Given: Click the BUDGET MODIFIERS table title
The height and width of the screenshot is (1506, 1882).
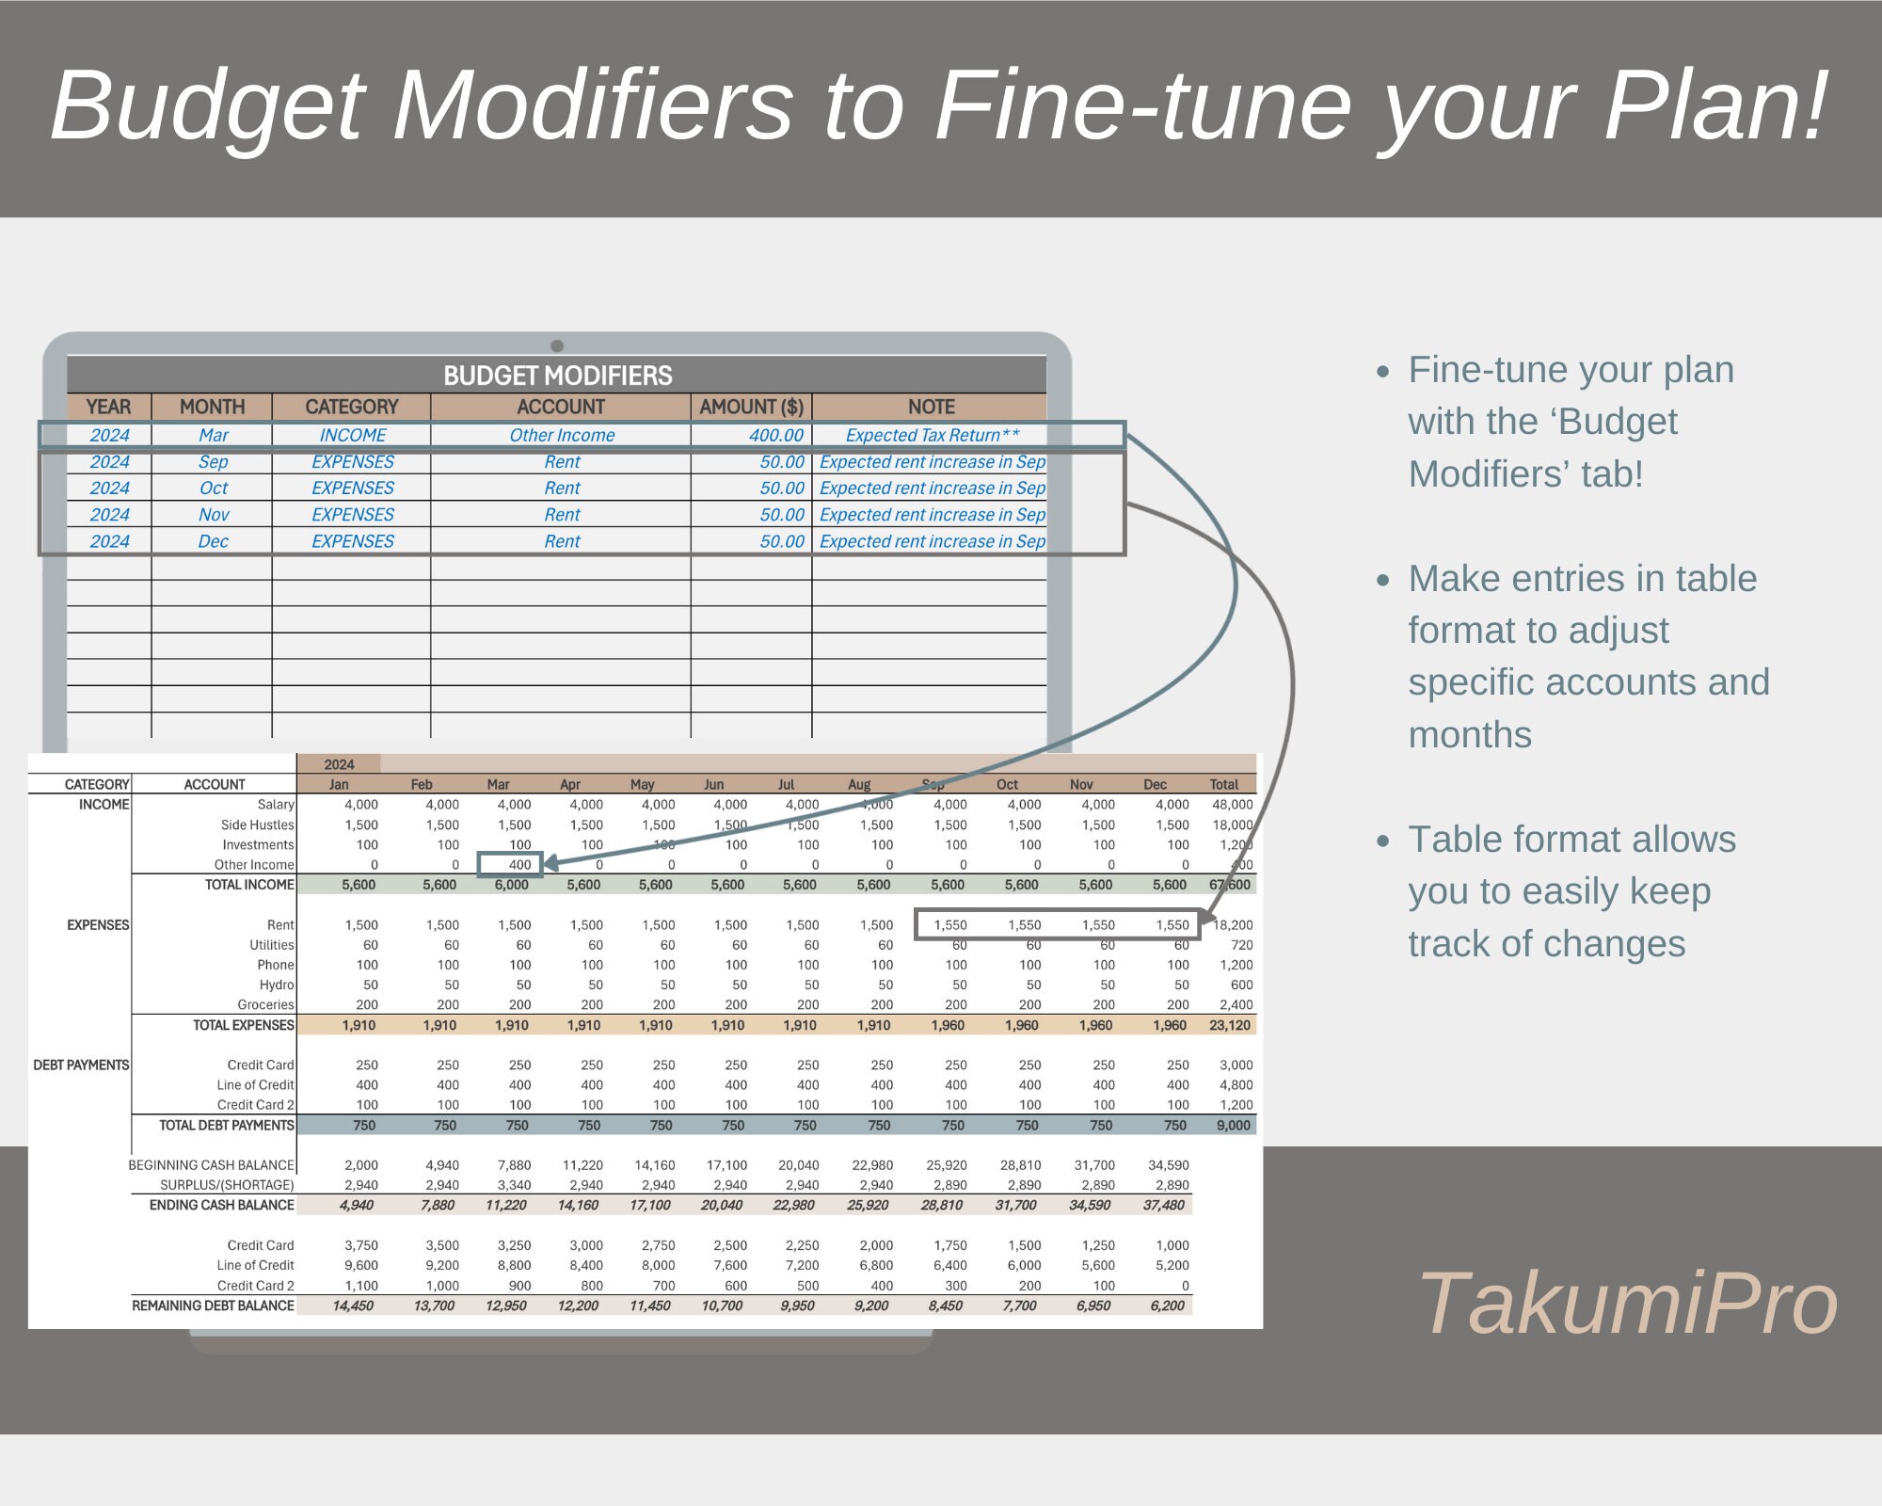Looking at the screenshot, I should pos(557,376).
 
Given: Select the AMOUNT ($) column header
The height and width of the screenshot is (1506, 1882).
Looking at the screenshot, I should pos(751,407).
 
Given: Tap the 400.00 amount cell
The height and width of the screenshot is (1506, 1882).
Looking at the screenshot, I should pos(775,435).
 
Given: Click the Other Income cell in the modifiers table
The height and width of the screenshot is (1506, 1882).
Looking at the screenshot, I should pos(562,435).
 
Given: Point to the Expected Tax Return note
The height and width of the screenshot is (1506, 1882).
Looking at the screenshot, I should pos(932,435).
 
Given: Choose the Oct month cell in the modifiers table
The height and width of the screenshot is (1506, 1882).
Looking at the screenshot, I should pos(214,488).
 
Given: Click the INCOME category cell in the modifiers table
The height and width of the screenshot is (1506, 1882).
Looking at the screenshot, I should pos(352,435).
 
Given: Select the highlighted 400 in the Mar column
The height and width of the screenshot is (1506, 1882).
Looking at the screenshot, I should pos(519,864).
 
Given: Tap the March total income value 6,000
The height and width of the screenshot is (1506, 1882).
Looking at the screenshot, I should pos(512,885).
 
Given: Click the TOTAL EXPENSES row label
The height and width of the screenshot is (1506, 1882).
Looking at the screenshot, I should pos(243,1025).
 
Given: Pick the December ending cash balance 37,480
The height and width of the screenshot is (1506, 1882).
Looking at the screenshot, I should pos(1164,1205).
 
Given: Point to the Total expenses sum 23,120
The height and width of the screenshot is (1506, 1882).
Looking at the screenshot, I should pos(1230,1025).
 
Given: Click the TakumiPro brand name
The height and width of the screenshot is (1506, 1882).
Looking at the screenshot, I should pos(1627,1304).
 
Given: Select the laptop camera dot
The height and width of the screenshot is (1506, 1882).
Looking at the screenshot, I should pos(557,345).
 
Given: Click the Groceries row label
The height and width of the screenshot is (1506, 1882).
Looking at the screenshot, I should pos(265,1004).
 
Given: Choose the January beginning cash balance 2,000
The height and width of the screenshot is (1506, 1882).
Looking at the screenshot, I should pos(361,1165).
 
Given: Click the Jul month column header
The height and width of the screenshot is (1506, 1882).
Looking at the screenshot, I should pos(786,784).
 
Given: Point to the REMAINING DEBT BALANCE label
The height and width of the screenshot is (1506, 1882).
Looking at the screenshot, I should pos(213,1306).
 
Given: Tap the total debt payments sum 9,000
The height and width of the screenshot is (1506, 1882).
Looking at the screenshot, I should pos(1233,1125).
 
